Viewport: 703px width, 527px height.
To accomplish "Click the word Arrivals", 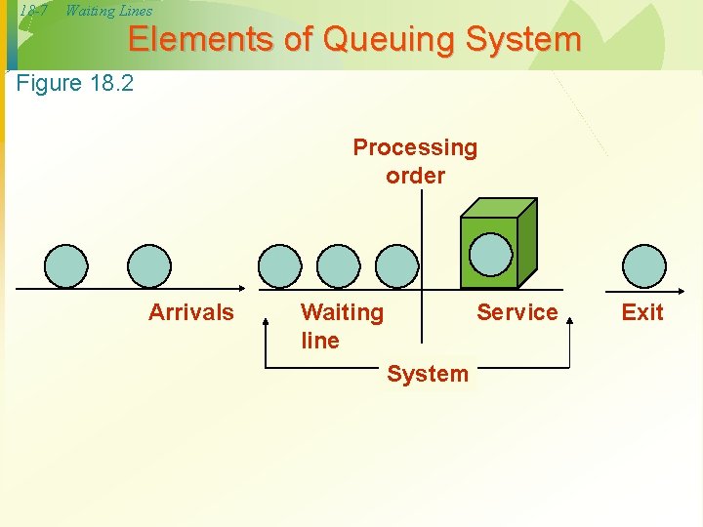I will (x=191, y=312).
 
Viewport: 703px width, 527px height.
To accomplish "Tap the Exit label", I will (x=641, y=312).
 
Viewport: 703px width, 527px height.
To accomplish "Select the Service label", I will (x=517, y=312).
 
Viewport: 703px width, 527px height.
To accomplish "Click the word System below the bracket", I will (x=428, y=374).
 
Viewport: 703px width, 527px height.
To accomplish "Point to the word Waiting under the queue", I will (x=342, y=312).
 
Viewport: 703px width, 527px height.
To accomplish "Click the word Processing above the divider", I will (x=415, y=148).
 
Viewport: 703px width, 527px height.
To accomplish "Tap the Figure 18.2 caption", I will (x=75, y=83).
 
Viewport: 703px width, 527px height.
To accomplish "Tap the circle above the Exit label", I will (x=644, y=265).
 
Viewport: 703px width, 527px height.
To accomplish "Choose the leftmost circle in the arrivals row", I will (x=66, y=265).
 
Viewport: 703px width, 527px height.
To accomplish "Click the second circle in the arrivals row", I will (x=149, y=265).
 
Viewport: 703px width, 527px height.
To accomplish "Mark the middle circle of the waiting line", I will (x=339, y=265).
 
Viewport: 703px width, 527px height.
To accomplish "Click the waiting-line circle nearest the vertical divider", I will (x=396, y=265).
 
